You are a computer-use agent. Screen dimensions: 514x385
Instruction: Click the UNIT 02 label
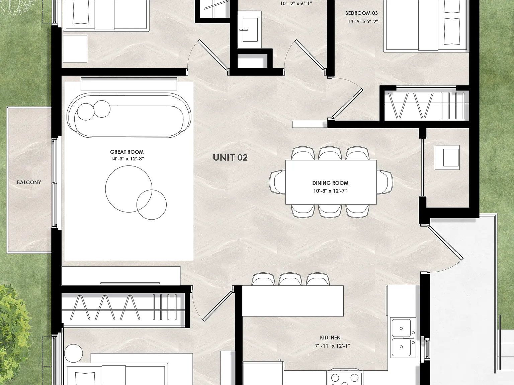click(x=230, y=157)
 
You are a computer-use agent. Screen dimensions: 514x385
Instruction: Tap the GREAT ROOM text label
click(x=127, y=152)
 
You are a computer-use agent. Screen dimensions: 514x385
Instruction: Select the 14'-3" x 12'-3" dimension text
click(x=127, y=159)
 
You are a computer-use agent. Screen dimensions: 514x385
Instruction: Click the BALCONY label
click(x=29, y=182)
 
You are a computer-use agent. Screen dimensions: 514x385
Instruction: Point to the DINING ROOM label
click(x=330, y=183)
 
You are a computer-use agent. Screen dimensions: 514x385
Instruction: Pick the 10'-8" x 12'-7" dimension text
click(x=330, y=191)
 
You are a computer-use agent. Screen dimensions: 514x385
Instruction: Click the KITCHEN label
click(x=330, y=338)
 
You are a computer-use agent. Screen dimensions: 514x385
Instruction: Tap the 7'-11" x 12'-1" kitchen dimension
click(x=332, y=346)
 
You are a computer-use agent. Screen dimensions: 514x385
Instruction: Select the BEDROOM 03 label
click(x=361, y=13)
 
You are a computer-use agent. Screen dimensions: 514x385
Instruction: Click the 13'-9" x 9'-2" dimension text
click(x=363, y=21)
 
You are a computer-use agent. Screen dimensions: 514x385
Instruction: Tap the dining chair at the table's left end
click(x=277, y=182)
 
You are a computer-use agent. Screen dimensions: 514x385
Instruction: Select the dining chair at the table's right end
click(x=385, y=182)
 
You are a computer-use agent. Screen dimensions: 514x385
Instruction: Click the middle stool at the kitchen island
click(x=290, y=279)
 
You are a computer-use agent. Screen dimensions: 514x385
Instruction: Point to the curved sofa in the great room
click(x=129, y=115)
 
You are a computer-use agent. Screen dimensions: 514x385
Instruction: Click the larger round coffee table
click(x=128, y=189)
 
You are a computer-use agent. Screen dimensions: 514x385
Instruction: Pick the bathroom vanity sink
click(x=250, y=30)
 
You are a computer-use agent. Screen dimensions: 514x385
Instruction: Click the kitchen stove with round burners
click(x=344, y=380)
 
